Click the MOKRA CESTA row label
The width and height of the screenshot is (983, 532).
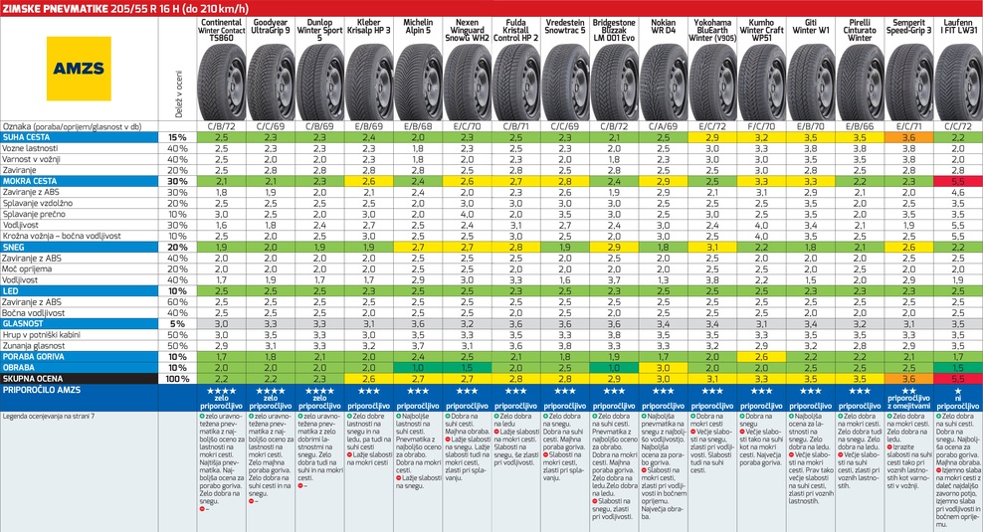(31, 181)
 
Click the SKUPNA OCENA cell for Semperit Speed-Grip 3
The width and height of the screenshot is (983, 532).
(909, 378)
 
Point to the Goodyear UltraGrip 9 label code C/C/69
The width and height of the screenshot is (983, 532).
(271, 126)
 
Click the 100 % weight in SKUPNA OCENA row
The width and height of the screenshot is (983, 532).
(176, 378)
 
